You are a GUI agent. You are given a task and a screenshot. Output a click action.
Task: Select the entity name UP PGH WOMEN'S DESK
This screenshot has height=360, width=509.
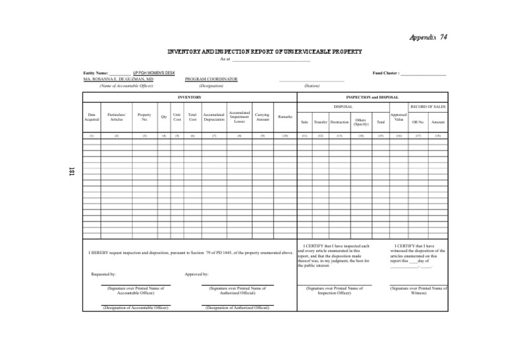[x=154, y=72]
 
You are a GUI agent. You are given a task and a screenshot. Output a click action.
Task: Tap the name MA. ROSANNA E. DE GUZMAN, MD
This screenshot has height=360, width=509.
[x=119, y=79]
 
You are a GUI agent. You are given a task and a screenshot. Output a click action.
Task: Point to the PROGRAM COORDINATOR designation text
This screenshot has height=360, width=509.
[x=211, y=79]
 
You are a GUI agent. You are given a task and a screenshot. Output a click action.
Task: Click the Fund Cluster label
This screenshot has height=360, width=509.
[x=386, y=72]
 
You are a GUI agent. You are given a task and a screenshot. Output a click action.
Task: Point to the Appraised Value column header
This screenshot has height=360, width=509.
[x=398, y=117]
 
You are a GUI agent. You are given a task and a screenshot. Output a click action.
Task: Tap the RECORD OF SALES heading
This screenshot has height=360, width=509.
[x=428, y=105]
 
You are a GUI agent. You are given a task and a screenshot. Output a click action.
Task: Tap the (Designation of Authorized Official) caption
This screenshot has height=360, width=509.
[x=237, y=308]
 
